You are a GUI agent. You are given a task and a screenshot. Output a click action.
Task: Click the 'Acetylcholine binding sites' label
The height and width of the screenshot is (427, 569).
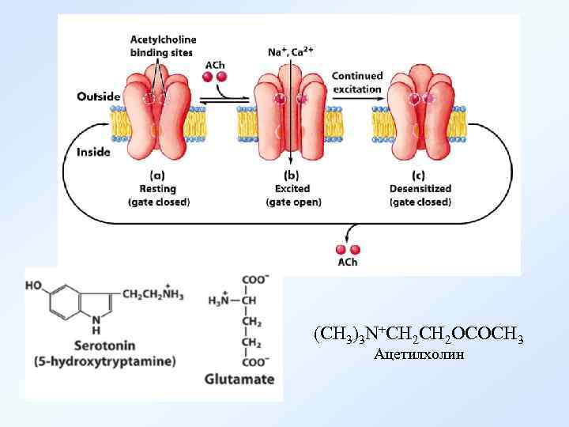tap(164, 46)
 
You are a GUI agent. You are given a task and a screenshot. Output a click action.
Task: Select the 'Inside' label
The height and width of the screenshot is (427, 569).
tap(93, 152)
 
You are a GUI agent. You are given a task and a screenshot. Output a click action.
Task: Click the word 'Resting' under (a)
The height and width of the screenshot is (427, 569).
tap(158, 189)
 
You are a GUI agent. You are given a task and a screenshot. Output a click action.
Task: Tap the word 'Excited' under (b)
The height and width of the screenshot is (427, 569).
tap(292, 189)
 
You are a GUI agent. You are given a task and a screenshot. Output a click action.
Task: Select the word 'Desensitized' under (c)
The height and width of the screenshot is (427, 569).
tap(420, 189)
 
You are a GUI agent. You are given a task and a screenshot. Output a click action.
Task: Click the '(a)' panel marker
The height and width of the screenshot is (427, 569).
tap(156, 176)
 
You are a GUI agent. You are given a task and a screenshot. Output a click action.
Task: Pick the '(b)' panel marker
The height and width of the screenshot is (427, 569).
tap(292, 176)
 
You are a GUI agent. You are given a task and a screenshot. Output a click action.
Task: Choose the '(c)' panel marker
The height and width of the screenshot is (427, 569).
tap(420, 176)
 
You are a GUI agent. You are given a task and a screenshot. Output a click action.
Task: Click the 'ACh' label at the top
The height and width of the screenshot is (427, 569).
tap(214, 64)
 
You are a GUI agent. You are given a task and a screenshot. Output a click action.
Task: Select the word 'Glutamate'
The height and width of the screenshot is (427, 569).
tap(239, 379)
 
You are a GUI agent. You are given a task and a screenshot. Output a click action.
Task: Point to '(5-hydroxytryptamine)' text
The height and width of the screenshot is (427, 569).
tap(104, 361)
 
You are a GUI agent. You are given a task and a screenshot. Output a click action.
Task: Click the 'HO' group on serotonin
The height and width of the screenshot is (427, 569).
tap(35, 286)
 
